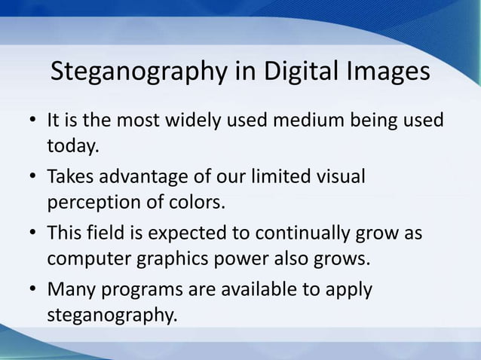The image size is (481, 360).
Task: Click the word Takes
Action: [69, 178]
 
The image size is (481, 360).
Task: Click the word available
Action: [250, 289]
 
